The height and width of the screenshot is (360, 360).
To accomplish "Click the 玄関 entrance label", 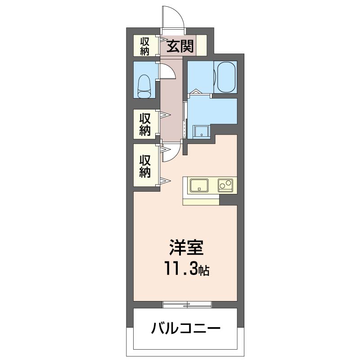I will click(x=181, y=46).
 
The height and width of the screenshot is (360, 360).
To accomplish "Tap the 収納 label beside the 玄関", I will click(x=144, y=46).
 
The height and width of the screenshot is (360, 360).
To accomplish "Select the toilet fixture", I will click(x=144, y=85).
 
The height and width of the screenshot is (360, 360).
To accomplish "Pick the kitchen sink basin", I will click(x=198, y=185).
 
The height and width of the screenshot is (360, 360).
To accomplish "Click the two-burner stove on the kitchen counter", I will click(x=225, y=185).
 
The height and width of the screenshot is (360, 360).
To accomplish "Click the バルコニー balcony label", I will click(x=185, y=327).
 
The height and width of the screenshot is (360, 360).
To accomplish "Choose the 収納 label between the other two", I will click(x=144, y=125).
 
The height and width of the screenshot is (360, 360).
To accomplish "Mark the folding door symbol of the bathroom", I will click(x=197, y=93).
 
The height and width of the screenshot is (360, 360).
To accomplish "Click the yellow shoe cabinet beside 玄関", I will click(x=201, y=45).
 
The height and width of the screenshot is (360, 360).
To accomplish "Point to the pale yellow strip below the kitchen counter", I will click(x=201, y=200).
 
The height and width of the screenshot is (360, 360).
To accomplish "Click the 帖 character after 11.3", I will click(x=205, y=271).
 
